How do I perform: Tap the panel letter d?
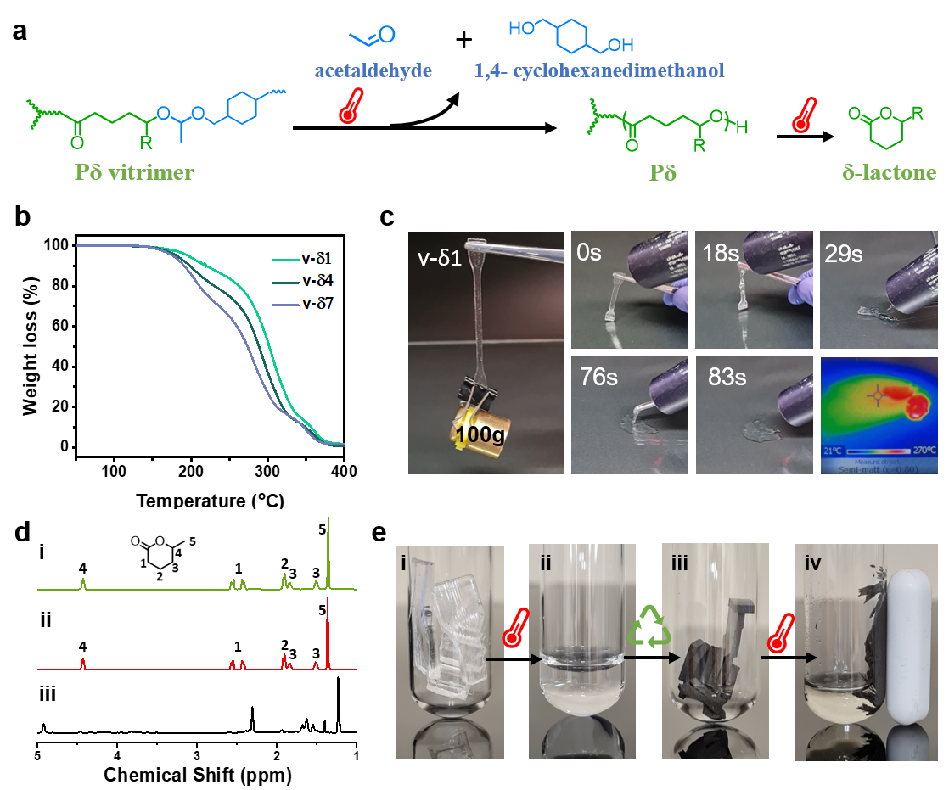[x=25, y=533]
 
